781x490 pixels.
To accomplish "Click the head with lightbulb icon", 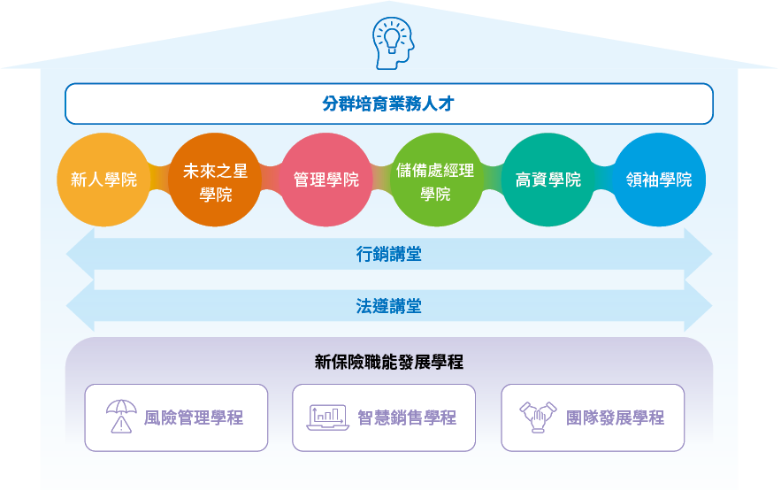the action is point(393,42).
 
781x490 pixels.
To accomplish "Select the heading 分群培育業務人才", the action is point(388,103).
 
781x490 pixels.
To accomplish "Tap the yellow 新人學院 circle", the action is point(103,180).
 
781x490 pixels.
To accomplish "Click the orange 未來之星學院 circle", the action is point(215,180).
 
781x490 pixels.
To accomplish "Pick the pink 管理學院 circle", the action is point(326,180).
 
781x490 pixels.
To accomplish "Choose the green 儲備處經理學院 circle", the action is point(436,180).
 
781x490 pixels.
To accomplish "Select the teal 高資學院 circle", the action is point(547,180).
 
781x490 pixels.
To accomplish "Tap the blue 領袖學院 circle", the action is point(659,180).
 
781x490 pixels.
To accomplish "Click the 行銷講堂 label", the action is point(389,254).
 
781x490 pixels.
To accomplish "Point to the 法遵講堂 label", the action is point(389,306).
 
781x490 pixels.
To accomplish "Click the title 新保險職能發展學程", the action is point(389,362).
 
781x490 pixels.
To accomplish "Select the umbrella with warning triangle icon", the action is point(121,417).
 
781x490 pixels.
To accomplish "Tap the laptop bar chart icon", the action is point(327,417).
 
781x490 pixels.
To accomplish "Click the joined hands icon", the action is point(538,417).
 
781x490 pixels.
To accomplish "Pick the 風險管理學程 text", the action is point(194,417).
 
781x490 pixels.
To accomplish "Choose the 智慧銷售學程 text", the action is point(407,417).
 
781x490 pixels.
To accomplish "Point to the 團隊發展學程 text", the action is point(615,417).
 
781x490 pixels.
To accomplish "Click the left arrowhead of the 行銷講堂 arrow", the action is point(80,254).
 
